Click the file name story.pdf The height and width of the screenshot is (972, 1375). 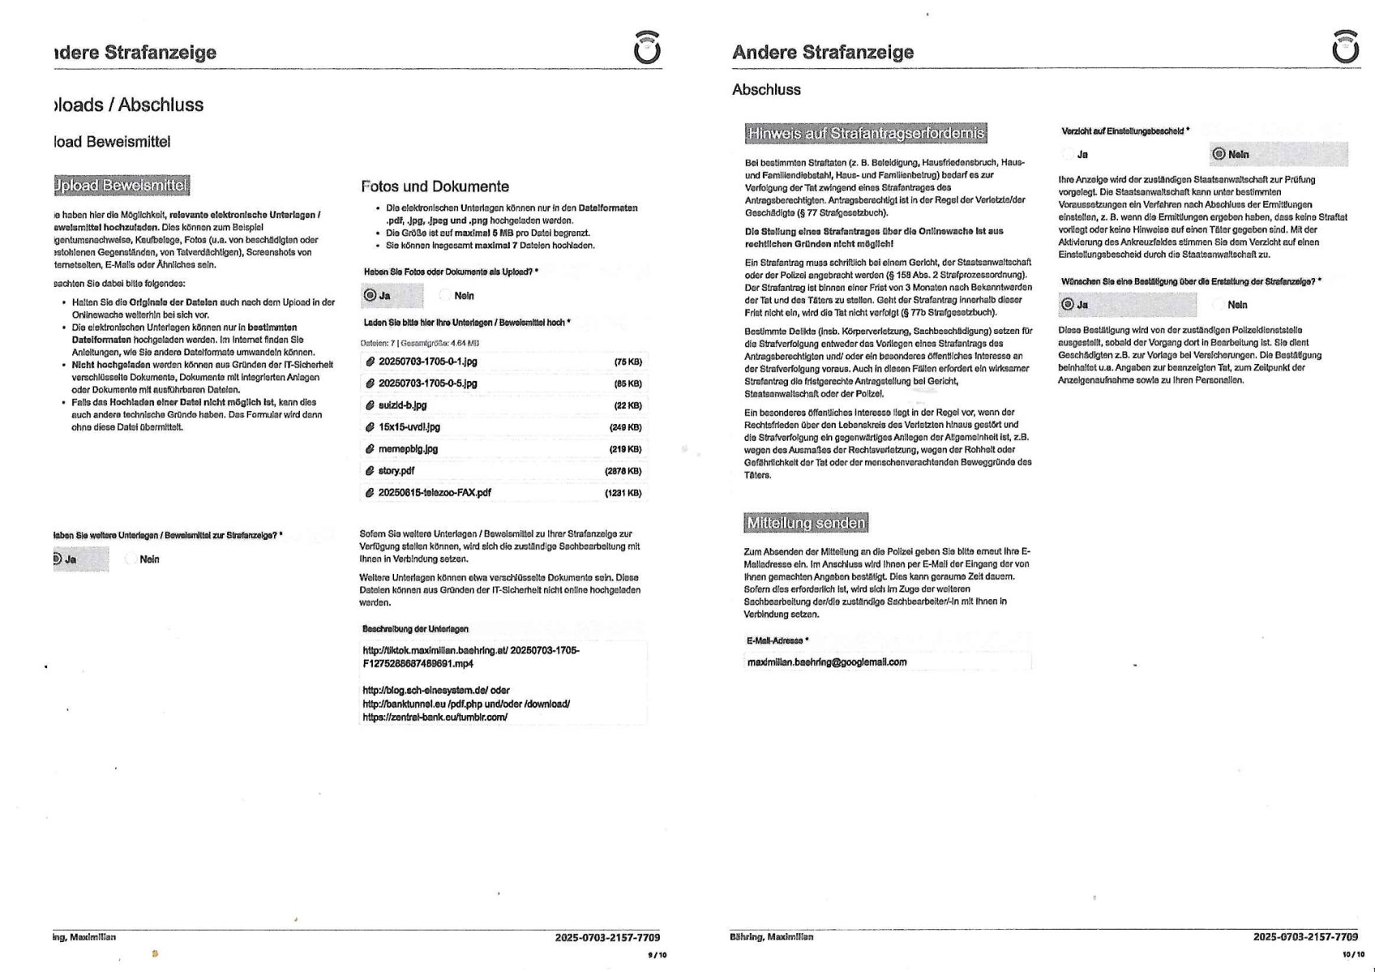pos(396,471)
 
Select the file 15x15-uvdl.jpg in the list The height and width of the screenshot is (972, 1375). pos(409,427)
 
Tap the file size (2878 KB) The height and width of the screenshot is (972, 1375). pos(623,471)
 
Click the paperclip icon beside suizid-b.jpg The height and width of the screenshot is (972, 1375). pos(370,405)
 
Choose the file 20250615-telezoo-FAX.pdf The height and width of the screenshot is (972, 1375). pos(435,493)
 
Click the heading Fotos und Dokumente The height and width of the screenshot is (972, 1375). pos(435,186)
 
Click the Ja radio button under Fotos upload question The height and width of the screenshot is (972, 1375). pos(371,296)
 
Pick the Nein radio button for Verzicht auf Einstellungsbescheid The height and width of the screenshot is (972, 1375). pos(1218,154)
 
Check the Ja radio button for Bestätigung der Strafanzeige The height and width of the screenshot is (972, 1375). pos(1068,305)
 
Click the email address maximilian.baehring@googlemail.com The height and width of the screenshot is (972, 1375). pos(826,662)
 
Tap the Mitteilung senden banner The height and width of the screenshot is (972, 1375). pos(806,523)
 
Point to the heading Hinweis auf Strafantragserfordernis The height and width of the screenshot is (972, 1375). pos(866,133)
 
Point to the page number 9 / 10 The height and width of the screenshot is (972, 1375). pos(657,955)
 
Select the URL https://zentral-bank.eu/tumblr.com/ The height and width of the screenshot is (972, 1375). pos(435,717)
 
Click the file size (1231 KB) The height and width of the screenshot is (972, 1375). pos(623,493)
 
